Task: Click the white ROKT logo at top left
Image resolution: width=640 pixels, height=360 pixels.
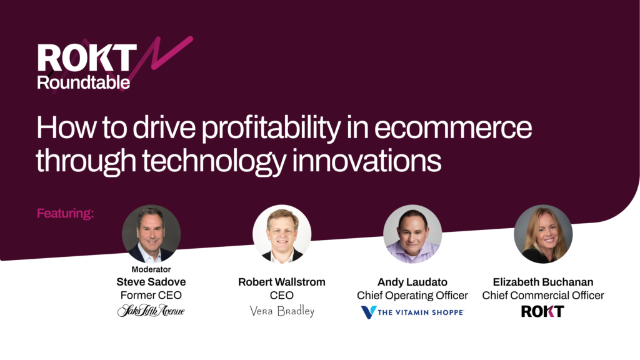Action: point(87,57)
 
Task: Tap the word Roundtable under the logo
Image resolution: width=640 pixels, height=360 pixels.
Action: point(83,82)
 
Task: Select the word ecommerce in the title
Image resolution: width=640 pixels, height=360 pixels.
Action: point(453,127)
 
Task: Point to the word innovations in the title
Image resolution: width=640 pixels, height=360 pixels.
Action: point(366,161)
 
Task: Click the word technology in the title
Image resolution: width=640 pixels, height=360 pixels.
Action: point(214,162)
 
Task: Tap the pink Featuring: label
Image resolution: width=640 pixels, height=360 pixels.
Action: point(65,214)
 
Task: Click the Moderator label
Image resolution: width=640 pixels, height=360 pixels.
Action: point(151,269)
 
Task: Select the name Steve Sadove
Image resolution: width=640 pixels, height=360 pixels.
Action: point(151,282)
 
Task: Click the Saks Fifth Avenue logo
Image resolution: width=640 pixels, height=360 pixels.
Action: point(151,311)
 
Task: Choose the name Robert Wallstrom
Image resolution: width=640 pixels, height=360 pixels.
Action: point(282,282)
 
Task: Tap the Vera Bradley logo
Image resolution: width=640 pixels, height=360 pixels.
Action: point(282,311)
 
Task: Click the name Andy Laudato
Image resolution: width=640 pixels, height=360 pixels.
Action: point(412,282)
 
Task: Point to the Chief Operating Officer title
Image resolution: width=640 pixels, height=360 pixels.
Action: point(412,295)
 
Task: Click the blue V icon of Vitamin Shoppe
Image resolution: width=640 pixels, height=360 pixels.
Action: point(368,312)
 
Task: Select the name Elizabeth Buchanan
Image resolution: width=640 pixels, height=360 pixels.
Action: point(543,282)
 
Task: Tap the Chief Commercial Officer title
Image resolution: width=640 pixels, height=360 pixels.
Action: point(543,295)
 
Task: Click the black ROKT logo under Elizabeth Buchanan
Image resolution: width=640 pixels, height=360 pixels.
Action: point(542,311)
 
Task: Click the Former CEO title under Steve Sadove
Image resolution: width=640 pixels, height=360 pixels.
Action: point(151,295)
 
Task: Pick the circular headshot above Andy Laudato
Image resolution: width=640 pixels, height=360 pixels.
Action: point(412,234)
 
